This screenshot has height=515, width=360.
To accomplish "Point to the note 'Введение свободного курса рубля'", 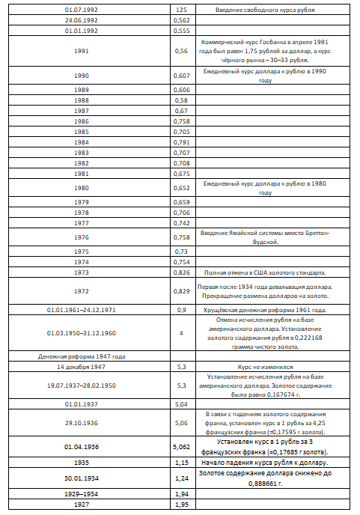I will (264, 10).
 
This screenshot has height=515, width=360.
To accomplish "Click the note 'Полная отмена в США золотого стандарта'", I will (264, 272).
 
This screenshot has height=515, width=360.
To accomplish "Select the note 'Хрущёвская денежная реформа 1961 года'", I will (264, 308).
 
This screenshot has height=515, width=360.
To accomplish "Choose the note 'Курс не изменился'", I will (264, 367).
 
